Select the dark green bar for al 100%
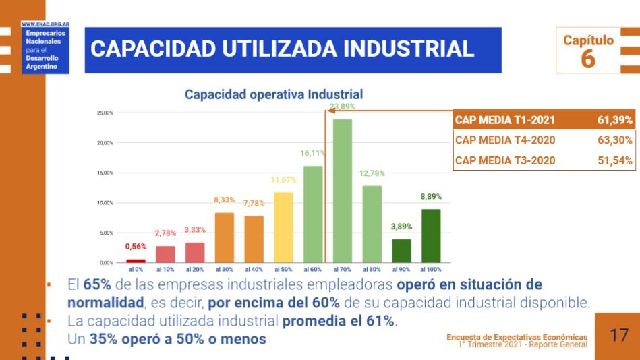(431, 235)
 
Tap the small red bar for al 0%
(136, 260)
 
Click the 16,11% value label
(313, 154)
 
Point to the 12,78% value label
(372, 173)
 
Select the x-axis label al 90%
(401, 269)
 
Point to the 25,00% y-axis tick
(105, 113)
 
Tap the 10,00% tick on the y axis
(105, 203)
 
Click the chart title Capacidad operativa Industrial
(274, 95)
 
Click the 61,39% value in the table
(614, 120)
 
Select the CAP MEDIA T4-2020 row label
(505, 140)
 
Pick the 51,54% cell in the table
(614, 160)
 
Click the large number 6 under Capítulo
(588, 59)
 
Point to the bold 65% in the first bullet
(97, 284)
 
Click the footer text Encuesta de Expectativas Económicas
(517, 337)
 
